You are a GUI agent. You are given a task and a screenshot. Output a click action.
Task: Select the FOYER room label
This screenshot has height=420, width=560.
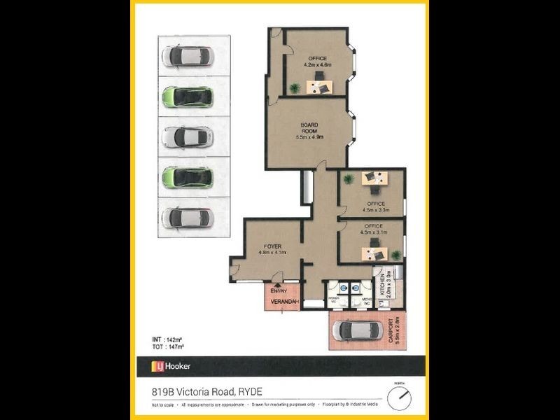272,246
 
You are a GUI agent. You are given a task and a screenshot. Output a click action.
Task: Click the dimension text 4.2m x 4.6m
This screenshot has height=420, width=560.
317,64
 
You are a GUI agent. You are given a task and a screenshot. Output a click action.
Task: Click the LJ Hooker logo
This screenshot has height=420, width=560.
171,366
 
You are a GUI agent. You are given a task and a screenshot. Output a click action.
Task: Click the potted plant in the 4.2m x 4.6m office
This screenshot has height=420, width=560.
295,87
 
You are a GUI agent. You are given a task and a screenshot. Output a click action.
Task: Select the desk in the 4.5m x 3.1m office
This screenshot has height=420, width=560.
372,250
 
